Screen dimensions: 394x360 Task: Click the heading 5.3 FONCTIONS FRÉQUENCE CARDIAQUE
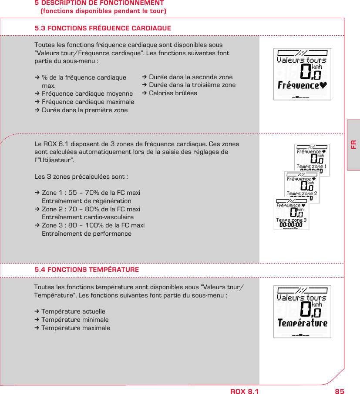(103, 29)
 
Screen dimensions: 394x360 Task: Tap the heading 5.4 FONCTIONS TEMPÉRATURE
(87, 270)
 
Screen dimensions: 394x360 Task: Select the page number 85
(339, 391)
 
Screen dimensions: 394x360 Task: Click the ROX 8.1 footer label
(244, 391)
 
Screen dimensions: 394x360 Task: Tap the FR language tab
(353, 144)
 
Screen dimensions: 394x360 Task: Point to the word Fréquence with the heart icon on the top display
(302, 85)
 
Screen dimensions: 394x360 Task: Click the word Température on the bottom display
(302, 323)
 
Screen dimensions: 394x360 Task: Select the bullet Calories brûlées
(173, 93)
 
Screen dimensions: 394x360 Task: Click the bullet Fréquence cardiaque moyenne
(87, 93)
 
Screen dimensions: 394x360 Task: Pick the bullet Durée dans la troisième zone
(192, 85)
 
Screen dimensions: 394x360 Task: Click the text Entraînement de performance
(86, 234)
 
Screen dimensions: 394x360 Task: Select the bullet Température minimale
(75, 320)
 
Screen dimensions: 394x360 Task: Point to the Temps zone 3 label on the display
(291, 220)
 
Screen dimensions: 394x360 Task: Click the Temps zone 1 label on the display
(311, 167)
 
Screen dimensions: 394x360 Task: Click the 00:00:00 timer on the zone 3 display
(291, 225)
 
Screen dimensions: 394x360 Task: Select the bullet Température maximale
(75, 328)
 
